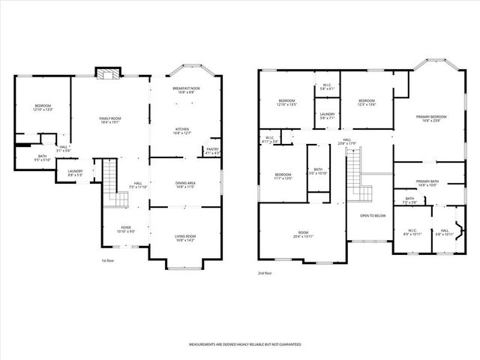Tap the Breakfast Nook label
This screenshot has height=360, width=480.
tap(184, 91)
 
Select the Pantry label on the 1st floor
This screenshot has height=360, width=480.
tap(212, 152)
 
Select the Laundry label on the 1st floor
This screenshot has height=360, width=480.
tap(74, 173)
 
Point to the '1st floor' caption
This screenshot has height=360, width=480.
tap(108, 261)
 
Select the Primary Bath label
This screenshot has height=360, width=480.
tap(427, 183)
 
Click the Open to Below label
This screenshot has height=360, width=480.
tap(373, 215)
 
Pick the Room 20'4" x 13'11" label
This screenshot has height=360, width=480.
tap(303, 235)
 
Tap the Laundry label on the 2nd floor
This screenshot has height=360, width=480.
tap(328, 116)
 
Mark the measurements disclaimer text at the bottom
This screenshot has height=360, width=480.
tap(244, 344)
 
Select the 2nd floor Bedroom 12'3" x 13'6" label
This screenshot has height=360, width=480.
tap(366, 103)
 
